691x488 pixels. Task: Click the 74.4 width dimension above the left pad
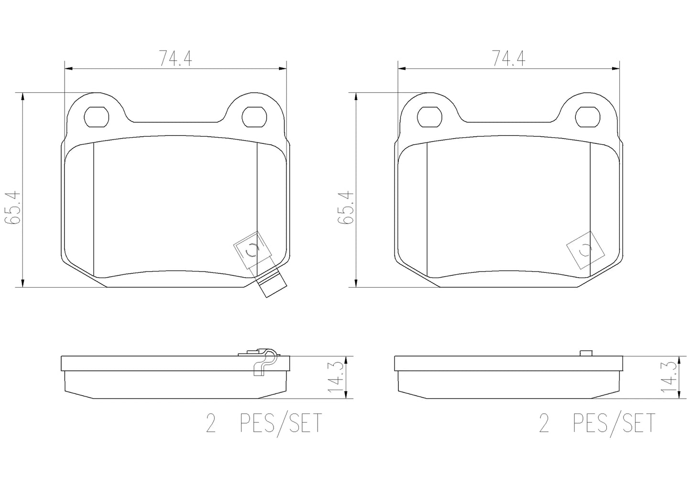(x=175, y=59)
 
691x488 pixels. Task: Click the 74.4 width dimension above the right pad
(x=509, y=59)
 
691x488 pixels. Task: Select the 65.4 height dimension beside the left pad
(x=12, y=207)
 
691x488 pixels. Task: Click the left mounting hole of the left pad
(x=97, y=117)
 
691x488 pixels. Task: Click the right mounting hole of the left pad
(x=254, y=117)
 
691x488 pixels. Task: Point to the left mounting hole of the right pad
(x=429, y=117)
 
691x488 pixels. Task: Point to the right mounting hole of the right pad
(x=588, y=117)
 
